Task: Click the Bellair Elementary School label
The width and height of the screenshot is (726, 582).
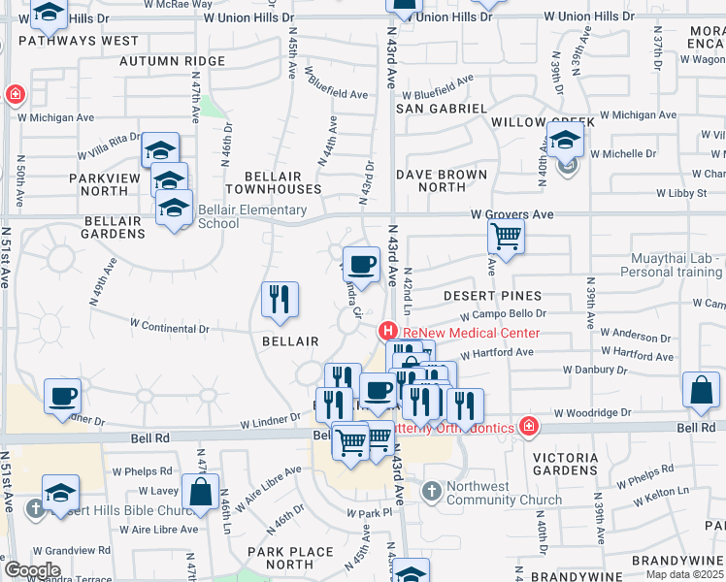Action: (x=251, y=216)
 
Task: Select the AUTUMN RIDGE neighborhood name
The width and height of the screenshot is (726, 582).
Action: (x=172, y=61)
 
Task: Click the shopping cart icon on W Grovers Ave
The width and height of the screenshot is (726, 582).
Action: (x=506, y=235)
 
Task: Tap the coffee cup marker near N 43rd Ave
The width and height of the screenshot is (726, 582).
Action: (x=362, y=264)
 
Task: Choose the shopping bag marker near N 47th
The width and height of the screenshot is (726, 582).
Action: (x=200, y=492)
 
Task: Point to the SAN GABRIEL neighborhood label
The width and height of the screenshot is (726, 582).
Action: (x=440, y=109)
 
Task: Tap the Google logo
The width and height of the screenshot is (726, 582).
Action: (x=32, y=570)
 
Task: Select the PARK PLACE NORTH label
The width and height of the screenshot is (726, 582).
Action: (x=289, y=558)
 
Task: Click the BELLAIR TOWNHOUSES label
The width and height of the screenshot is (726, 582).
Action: (x=273, y=181)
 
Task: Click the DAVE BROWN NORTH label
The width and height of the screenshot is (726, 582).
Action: (x=442, y=181)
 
